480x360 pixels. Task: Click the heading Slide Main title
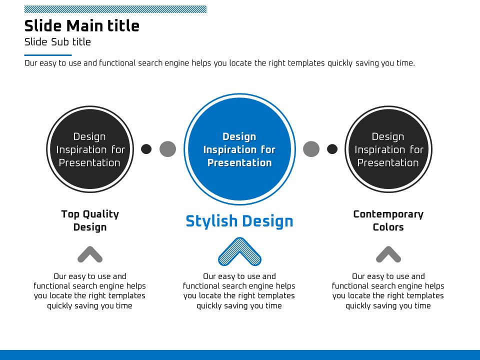[x=81, y=25]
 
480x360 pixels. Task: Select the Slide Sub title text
[x=57, y=42]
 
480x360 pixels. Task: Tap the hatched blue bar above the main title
[x=115, y=9]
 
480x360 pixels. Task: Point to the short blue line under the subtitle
[x=48, y=55]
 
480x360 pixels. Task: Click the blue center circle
[x=239, y=149]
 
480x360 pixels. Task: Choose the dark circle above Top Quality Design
[x=90, y=149]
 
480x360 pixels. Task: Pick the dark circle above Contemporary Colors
[x=388, y=149]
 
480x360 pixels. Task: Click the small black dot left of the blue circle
[x=146, y=149]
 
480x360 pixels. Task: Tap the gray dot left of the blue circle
[x=168, y=149]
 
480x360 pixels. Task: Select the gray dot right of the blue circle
[x=311, y=149]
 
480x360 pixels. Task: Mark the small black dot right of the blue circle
[x=332, y=149]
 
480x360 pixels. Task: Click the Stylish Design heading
[x=239, y=221]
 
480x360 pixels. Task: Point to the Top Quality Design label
[x=90, y=220]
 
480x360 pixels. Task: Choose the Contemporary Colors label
[x=388, y=220]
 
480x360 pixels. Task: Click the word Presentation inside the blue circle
[x=239, y=162]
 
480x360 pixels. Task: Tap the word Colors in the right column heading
[x=388, y=227]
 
